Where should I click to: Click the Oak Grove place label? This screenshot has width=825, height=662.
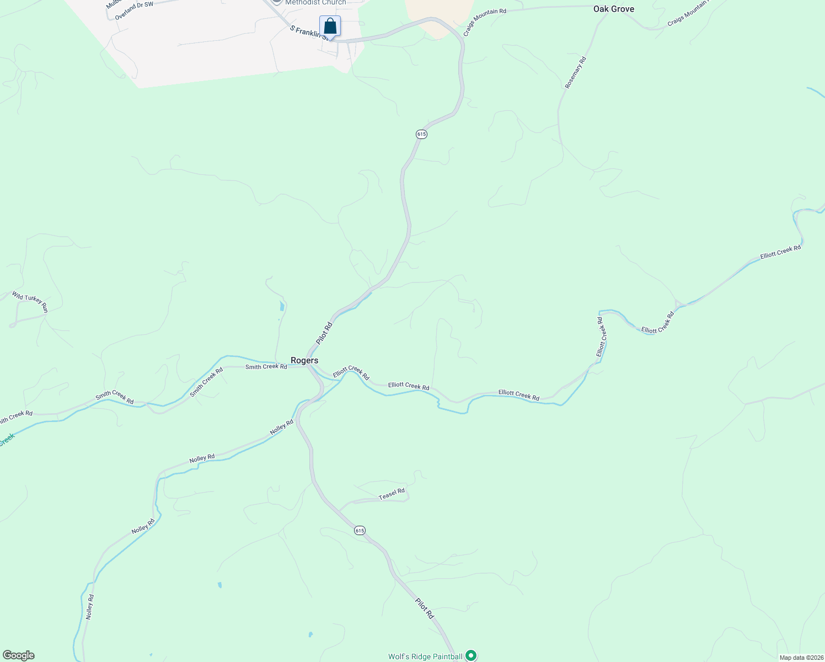tap(613, 9)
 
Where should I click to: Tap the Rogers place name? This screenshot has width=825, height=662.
tap(304, 360)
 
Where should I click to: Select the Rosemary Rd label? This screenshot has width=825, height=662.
tap(575, 72)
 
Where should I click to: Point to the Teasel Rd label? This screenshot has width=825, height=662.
tap(392, 494)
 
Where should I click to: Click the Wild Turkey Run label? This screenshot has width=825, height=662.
tap(30, 302)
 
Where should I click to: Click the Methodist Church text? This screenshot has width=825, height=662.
tap(315, 3)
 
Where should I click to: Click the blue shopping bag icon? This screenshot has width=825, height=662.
tap(330, 26)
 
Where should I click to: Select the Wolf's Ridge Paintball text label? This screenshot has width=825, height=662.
tap(425, 656)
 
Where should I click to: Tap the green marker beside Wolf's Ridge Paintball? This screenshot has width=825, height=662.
tap(470, 655)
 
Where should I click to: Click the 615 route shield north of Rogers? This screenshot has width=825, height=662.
tap(421, 134)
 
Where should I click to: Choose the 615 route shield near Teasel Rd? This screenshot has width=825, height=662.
tap(360, 530)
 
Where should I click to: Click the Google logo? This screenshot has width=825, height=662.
tap(19, 655)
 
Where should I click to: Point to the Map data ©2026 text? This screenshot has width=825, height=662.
tap(801, 658)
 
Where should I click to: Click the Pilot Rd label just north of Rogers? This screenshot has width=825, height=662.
tap(324, 333)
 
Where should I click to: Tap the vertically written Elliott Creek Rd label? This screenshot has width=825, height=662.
tap(601, 336)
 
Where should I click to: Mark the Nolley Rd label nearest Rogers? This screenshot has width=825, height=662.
tap(281, 427)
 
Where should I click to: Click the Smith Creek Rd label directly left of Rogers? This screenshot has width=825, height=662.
tap(266, 367)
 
